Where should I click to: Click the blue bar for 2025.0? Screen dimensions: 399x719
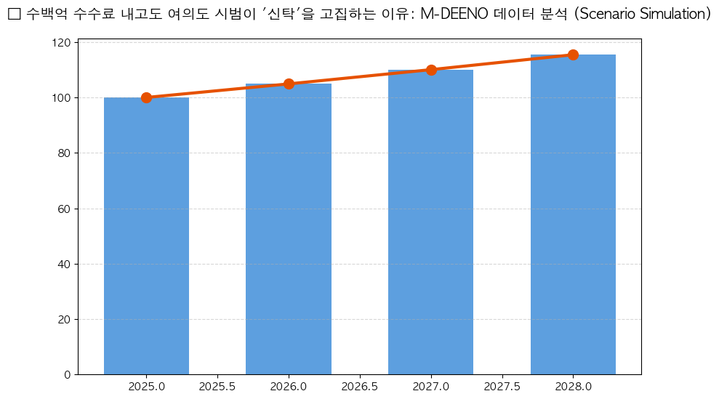146,236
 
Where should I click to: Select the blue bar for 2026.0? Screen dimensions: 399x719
289,229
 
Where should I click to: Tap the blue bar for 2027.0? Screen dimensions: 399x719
430,222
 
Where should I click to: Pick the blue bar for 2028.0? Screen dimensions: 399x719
573,214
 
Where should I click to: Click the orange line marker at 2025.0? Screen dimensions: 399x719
146,97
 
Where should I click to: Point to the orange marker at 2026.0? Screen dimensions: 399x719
289,84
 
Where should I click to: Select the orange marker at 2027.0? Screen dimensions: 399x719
431,70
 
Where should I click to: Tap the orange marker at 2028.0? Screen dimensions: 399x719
573,55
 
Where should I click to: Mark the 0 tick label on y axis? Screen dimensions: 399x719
67,375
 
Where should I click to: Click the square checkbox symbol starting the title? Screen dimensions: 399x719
13,15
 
